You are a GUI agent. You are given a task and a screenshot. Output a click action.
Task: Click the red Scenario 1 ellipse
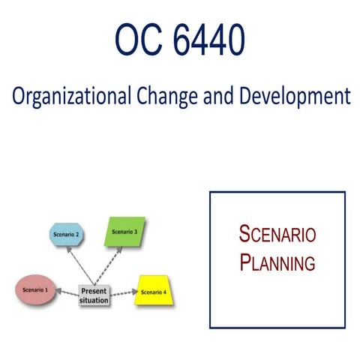coord(36,289)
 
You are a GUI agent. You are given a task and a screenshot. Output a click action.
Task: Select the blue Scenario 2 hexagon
coord(66,235)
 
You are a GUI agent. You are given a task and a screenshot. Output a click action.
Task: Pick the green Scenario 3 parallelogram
coord(124,232)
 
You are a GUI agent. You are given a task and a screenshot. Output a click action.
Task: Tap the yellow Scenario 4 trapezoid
coord(153,292)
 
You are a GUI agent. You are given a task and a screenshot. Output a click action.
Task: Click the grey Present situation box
coord(94,295)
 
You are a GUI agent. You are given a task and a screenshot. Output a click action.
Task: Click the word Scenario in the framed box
coord(277,233)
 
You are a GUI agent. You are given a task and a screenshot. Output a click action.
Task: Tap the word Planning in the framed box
coord(277,262)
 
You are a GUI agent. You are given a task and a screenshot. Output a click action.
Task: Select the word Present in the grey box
coord(94,290)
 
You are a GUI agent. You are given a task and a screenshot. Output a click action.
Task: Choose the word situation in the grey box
coord(94,300)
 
